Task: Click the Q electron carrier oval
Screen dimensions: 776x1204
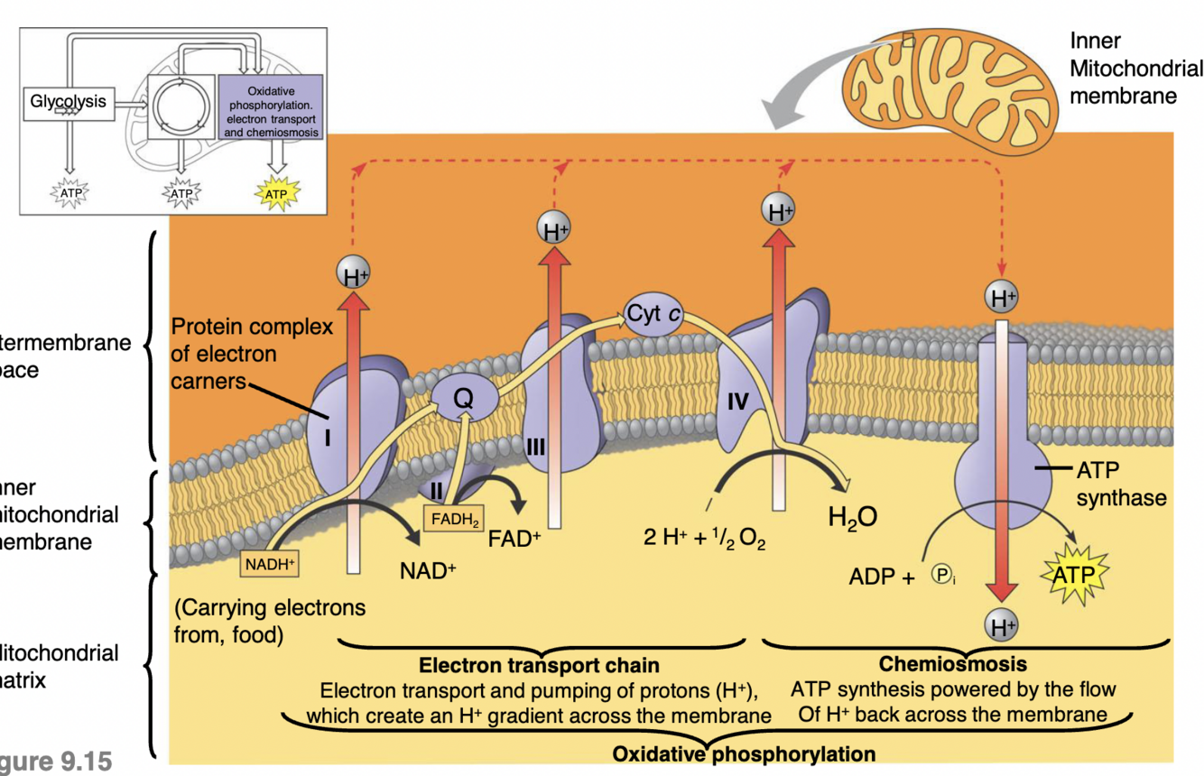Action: point(463,397)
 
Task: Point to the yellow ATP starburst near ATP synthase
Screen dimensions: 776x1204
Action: point(1073,575)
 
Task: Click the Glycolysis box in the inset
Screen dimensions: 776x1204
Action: point(68,102)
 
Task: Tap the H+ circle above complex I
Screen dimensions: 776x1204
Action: point(354,274)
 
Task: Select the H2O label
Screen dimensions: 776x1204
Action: point(853,517)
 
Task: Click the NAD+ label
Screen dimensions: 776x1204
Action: point(428,571)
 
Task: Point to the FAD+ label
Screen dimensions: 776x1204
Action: point(514,539)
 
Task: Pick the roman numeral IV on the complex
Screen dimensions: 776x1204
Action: point(737,402)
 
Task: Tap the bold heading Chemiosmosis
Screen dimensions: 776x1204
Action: point(952,665)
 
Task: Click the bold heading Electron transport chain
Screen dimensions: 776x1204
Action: point(539,667)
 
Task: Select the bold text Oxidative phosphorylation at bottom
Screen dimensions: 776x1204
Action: point(743,753)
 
